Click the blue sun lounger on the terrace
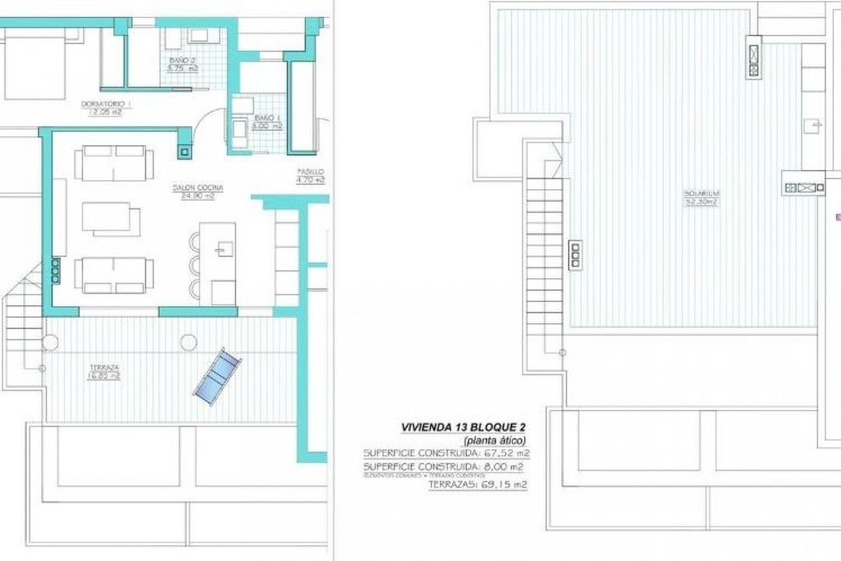coord(216,377)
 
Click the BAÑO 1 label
coord(266,116)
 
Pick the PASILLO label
coord(310,171)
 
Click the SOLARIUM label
coord(701,193)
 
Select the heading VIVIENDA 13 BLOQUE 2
coord(463,427)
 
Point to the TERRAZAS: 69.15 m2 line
coord(477,485)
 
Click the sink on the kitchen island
coord(224,248)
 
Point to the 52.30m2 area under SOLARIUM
coord(701,202)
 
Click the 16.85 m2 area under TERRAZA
coord(104,376)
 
